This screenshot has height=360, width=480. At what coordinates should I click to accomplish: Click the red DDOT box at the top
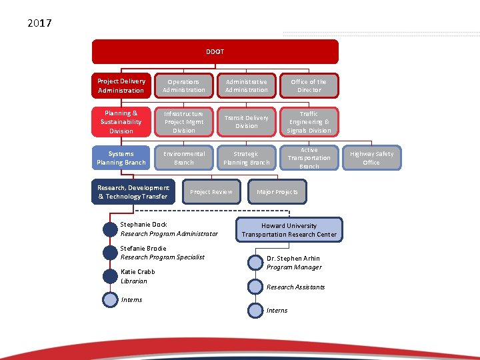(215, 51)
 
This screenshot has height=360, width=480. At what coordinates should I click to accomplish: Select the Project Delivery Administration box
(121, 85)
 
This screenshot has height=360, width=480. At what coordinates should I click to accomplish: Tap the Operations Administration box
(183, 85)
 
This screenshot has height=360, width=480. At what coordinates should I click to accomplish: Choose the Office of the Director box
(309, 85)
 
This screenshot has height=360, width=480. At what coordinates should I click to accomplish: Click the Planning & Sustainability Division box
(121, 122)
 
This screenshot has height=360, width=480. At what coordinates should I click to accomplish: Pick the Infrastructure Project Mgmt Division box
(183, 122)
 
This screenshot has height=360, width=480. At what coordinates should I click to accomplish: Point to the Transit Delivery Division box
(246, 122)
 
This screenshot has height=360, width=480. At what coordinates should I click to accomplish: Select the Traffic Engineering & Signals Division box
(309, 122)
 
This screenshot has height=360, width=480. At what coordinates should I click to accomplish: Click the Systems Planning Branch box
(121, 158)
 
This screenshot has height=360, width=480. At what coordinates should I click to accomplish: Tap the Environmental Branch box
(183, 158)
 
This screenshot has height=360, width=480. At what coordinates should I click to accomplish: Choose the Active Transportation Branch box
(309, 158)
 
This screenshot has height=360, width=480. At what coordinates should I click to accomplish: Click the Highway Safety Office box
(371, 158)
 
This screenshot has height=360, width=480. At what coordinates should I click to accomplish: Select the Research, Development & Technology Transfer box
(133, 192)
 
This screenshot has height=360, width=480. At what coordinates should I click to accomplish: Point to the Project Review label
(211, 192)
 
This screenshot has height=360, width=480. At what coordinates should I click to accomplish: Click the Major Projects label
(277, 192)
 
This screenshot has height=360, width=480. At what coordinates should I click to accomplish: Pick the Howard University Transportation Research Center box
(289, 230)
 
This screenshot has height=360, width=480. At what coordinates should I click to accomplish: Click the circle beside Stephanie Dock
(110, 229)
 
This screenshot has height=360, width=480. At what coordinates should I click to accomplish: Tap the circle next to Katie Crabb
(110, 277)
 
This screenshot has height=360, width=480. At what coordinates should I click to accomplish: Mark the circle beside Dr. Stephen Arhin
(255, 263)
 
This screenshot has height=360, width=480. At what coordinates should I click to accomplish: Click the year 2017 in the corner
(40, 23)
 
